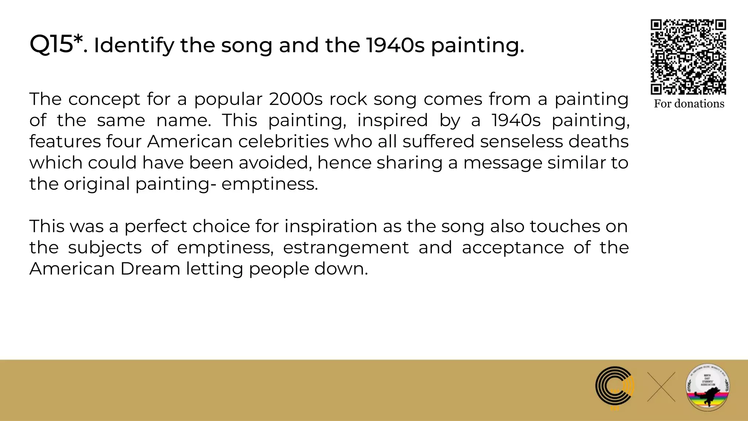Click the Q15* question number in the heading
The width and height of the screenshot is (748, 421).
pyautogui.click(x=56, y=45)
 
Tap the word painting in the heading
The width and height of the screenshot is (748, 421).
pyautogui.click(x=477, y=46)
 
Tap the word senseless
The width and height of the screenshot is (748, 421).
pyautogui.click(x=521, y=141)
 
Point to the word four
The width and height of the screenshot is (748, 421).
pyautogui.click(x=124, y=141)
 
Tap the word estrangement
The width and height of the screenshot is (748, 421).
pyautogui.click(x=346, y=248)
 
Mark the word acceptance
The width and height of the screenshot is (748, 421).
pyautogui.click(x=513, y=248)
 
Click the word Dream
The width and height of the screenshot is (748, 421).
pyautogui.click(x=150, y=269)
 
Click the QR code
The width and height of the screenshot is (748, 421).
pyautogui.click(x=688, y=57)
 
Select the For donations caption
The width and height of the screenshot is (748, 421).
pyautogui.click(x=689, y=104)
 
